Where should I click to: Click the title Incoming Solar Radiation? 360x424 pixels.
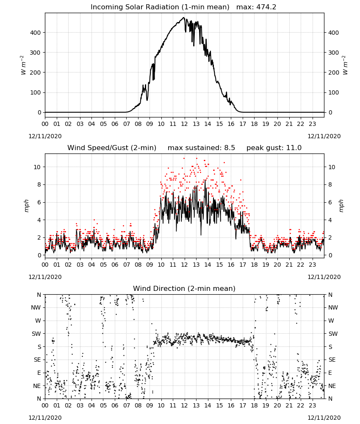(x=135, y=7)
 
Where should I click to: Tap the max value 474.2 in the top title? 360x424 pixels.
(x=266, y=7)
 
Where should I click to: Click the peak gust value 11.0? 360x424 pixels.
(x=294, y=148)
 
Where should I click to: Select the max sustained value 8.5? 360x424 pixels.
(x=230, y=148)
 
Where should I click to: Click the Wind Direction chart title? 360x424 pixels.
(x=184, y=288)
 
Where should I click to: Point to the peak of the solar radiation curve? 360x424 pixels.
(x=184, y=17)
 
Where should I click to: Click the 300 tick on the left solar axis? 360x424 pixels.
(x=35, y=53)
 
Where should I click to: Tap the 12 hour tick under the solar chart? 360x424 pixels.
(x=184, y=124)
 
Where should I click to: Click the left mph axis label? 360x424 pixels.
(x=26, y=206)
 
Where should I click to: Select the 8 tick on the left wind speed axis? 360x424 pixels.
(x=39, y=185)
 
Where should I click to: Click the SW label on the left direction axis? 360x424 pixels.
(x=36, y=334)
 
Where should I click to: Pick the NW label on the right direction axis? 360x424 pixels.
(x=333, y=307)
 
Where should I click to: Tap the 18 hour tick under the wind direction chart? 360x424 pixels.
(x=254, y=405)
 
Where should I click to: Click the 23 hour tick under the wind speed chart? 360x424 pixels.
(x=312, y=265)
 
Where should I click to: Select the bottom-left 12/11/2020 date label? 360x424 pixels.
(x=45, y=418)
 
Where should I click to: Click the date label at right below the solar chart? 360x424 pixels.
(x=324, y=136)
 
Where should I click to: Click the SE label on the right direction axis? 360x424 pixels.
(x=332, y=360)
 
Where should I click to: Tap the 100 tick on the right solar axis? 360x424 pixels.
(x=334, y=92)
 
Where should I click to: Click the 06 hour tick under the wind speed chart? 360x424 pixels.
(x=115, y=265)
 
